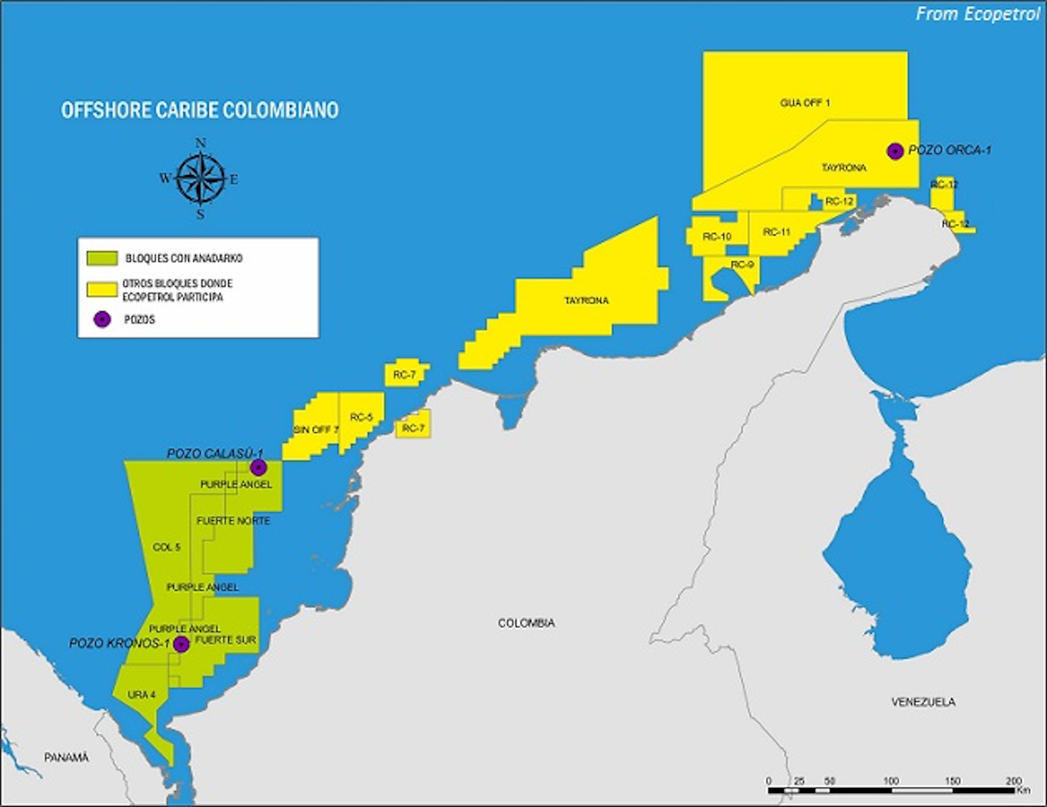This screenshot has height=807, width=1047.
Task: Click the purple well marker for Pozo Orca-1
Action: coord(895,151)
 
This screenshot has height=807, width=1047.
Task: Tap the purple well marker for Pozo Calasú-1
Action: coord(257,467)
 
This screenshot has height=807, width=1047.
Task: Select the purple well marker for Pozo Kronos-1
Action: coord(181,644)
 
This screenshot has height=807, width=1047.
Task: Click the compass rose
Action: coord(201,179)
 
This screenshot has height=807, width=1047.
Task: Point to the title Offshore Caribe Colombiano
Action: coord(199,110)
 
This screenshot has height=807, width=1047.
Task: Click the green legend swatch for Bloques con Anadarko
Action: coord(102,259)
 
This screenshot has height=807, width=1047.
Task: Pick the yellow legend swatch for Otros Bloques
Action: coord(102,289)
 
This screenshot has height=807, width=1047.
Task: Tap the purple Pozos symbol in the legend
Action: coord(103,320)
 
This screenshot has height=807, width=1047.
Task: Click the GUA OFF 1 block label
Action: coord(805,103)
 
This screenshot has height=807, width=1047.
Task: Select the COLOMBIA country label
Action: coord(526,623)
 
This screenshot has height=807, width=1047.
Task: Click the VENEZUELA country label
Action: coord(923,702)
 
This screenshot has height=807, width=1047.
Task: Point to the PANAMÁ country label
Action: coord(66,758)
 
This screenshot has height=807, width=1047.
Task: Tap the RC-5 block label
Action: coord(361,417)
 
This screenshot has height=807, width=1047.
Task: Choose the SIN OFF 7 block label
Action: coord(316,430)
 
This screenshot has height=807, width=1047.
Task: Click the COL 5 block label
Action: coord(167,547)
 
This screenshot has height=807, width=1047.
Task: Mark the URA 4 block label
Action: coord(142,695)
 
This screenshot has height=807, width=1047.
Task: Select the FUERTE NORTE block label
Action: coord(233,521)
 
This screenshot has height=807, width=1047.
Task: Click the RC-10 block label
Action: coord(716,237)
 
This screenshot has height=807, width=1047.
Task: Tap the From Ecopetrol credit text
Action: coord(977,14)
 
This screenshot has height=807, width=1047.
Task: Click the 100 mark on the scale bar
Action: coord(891,781)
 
